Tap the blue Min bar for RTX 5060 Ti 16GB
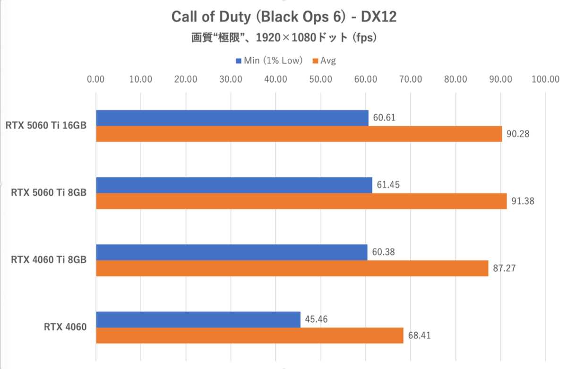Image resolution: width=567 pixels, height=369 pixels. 232,118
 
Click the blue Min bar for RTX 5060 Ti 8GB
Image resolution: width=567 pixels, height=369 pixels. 234,185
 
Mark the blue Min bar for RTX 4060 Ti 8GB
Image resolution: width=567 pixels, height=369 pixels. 232,252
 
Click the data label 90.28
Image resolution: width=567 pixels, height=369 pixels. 517,134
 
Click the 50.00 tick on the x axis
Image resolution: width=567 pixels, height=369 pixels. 320,79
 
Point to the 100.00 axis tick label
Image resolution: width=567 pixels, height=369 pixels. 545,79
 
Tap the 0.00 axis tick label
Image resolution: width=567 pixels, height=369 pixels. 96,79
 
